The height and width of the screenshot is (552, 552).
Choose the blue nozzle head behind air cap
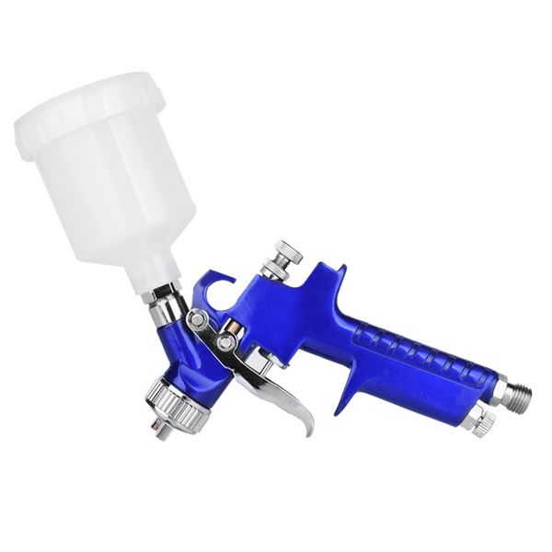(x=184, y=363)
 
